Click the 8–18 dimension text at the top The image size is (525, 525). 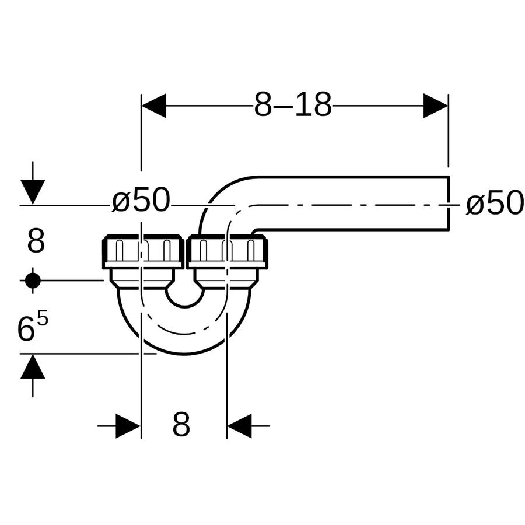[x=293, y=104]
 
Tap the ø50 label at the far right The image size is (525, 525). [x=495, y=204]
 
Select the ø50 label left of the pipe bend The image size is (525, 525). [x=141, y=201]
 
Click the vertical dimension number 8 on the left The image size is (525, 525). [x=36, y=241]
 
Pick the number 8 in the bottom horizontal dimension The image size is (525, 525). [x=181, y=424]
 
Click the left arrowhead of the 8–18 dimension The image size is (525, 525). [x=153, y=106]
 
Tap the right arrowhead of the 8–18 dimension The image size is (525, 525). [x=436, y=106]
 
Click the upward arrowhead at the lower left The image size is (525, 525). [x=33, y=366]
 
